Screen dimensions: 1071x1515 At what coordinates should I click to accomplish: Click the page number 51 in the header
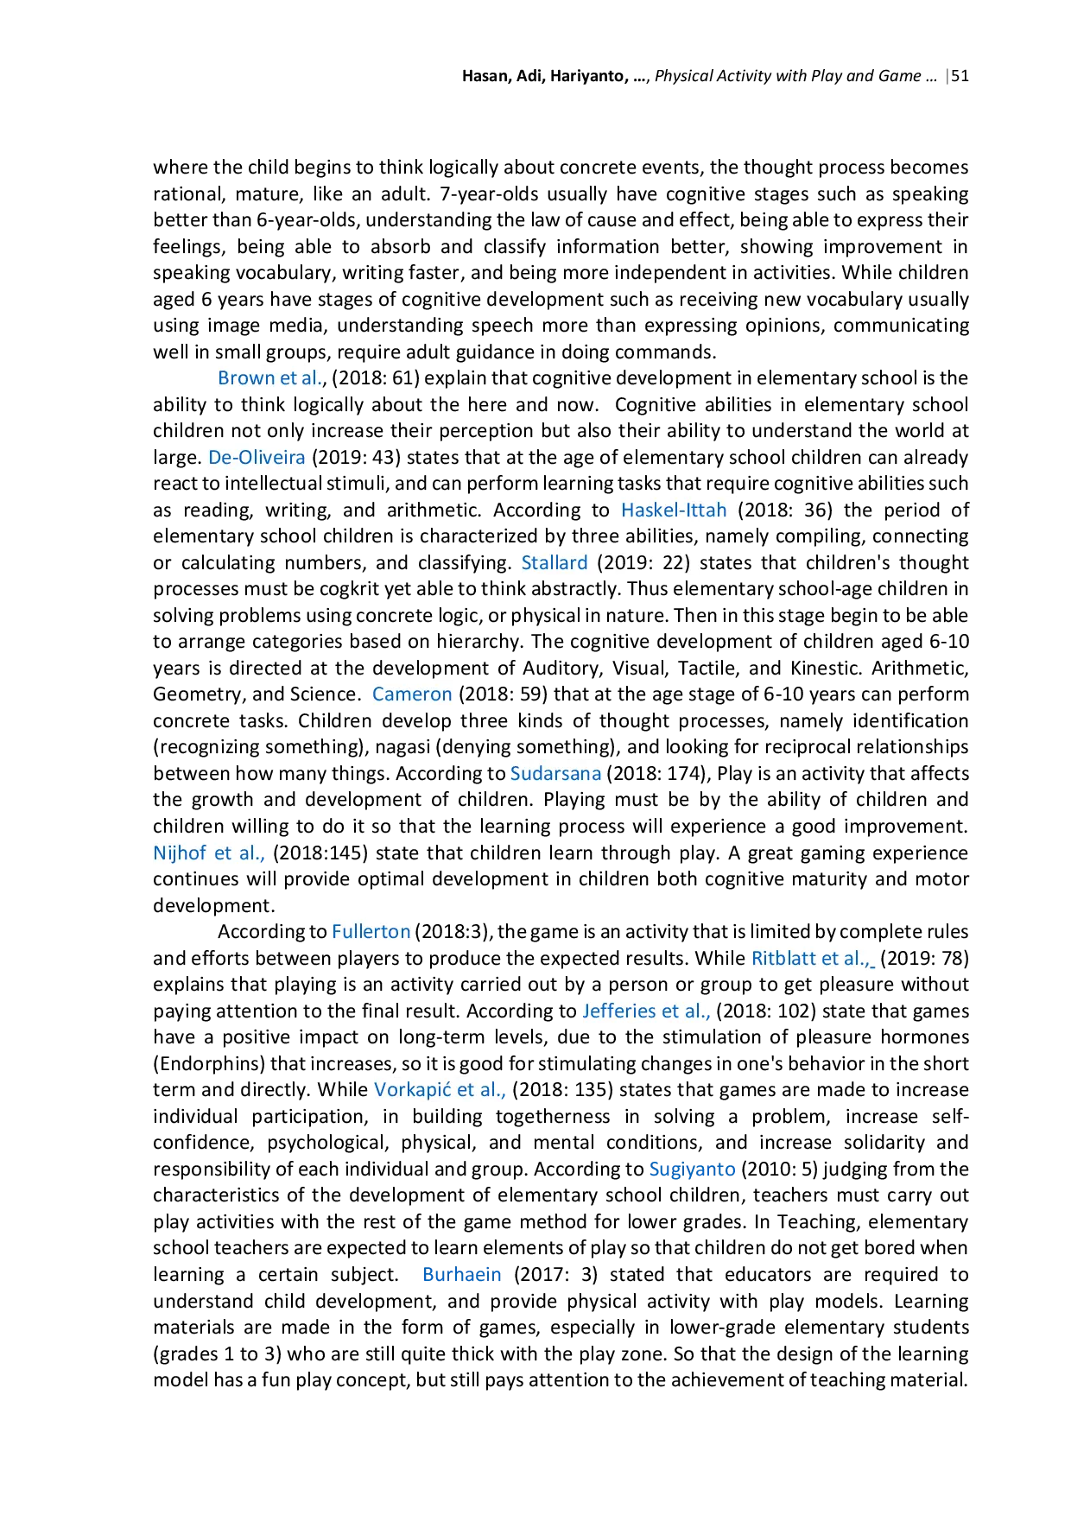point(960,76)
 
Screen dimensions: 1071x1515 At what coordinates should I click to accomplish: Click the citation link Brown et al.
point(270,378)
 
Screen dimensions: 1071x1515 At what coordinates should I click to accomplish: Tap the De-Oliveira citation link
point(257,457)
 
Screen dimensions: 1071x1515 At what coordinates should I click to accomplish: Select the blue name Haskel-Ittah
point(674,510)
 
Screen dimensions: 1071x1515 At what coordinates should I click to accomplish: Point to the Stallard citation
point(555,562)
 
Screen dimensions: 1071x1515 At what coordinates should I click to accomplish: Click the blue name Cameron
point(412,694)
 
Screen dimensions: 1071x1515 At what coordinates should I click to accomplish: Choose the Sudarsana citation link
point(555,773)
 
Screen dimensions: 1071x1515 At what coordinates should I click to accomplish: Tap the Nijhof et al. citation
point(209,853)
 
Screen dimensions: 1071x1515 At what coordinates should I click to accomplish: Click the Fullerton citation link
point(371,931)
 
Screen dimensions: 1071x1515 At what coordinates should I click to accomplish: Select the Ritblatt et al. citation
point(812,958)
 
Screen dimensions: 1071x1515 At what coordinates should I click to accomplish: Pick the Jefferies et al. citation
point(646,1011)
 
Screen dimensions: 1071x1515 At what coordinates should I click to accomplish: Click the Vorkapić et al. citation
point(440,1090)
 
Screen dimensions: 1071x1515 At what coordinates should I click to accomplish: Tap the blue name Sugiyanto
point(692,1169)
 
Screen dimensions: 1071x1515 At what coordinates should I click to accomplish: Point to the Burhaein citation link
point(462,1274)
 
